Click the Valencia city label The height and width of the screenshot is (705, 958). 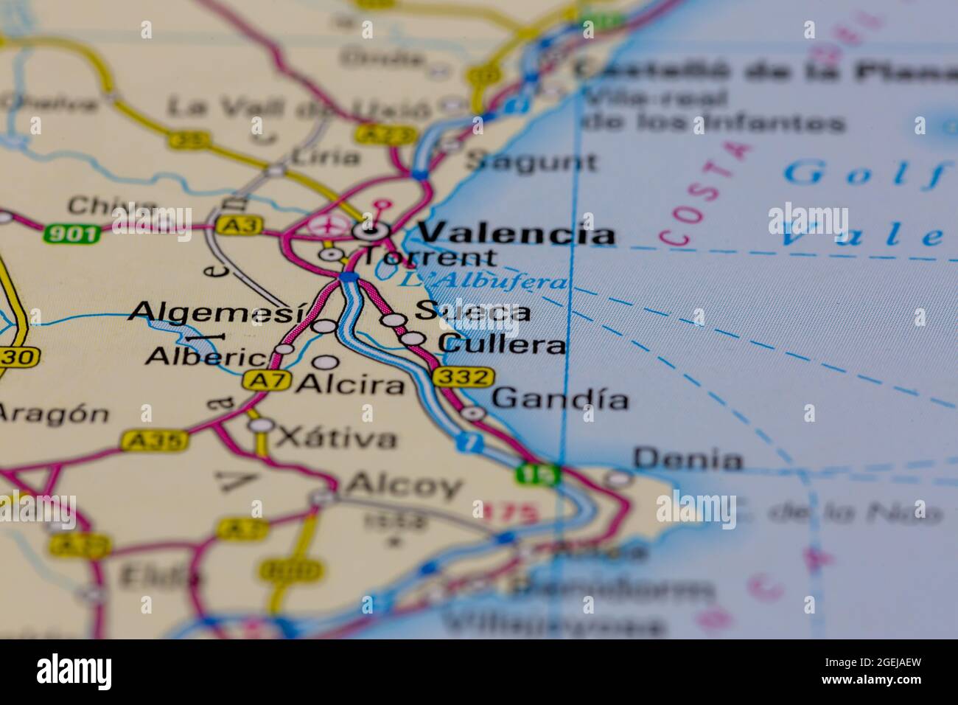[516, 233]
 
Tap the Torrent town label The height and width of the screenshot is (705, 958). [431, 257]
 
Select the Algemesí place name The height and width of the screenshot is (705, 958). [216, 313]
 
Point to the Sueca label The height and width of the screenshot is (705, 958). [472, 312]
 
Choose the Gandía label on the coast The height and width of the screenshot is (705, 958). [560, 399]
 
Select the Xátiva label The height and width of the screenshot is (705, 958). [335, 438]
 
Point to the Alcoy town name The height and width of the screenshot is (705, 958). [405, 485]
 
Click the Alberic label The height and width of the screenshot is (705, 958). [206, 357]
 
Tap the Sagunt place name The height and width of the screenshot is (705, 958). [532, 162]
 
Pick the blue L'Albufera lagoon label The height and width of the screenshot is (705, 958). [483, 281]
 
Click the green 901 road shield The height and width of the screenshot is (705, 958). [71, 235]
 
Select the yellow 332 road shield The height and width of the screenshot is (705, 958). [462, 378]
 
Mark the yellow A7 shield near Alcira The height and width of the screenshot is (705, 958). [265, 381]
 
